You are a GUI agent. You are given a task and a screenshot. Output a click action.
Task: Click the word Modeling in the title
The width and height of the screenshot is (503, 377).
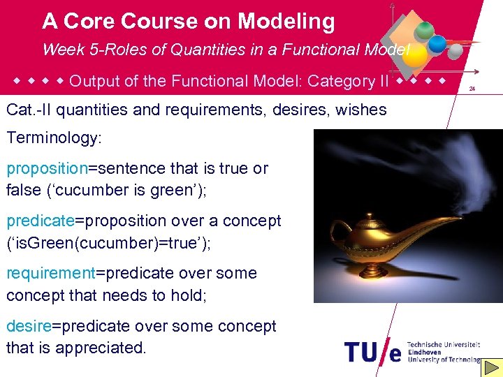click(x=286, y=22)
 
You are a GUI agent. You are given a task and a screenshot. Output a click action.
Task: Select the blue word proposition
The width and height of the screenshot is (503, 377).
click(x=46, y=168)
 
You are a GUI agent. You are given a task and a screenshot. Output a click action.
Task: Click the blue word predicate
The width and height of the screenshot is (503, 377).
click(x=40, y=221)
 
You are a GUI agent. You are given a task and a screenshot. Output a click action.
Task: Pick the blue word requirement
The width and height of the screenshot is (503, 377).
click(x=50, y=273)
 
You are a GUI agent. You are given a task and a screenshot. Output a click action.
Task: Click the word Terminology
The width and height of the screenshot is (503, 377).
click(x=54, y=138)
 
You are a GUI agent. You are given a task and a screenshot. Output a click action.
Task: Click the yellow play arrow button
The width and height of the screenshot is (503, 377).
click(x=493, y=367)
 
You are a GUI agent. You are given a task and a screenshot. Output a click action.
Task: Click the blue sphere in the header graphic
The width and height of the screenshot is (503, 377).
click(x=437, y=43)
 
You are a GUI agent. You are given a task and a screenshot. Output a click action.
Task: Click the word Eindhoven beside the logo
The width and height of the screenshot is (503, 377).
click(x=423, y=353)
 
